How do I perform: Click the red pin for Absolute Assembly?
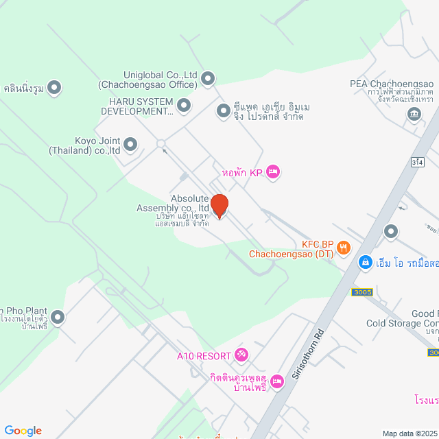219,206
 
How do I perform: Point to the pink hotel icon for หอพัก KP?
272,171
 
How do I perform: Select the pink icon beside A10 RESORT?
241,355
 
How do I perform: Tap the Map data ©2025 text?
410,434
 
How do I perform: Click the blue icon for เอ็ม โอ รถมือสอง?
366,262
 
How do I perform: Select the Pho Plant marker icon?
58,317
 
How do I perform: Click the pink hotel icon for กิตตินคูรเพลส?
277,381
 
